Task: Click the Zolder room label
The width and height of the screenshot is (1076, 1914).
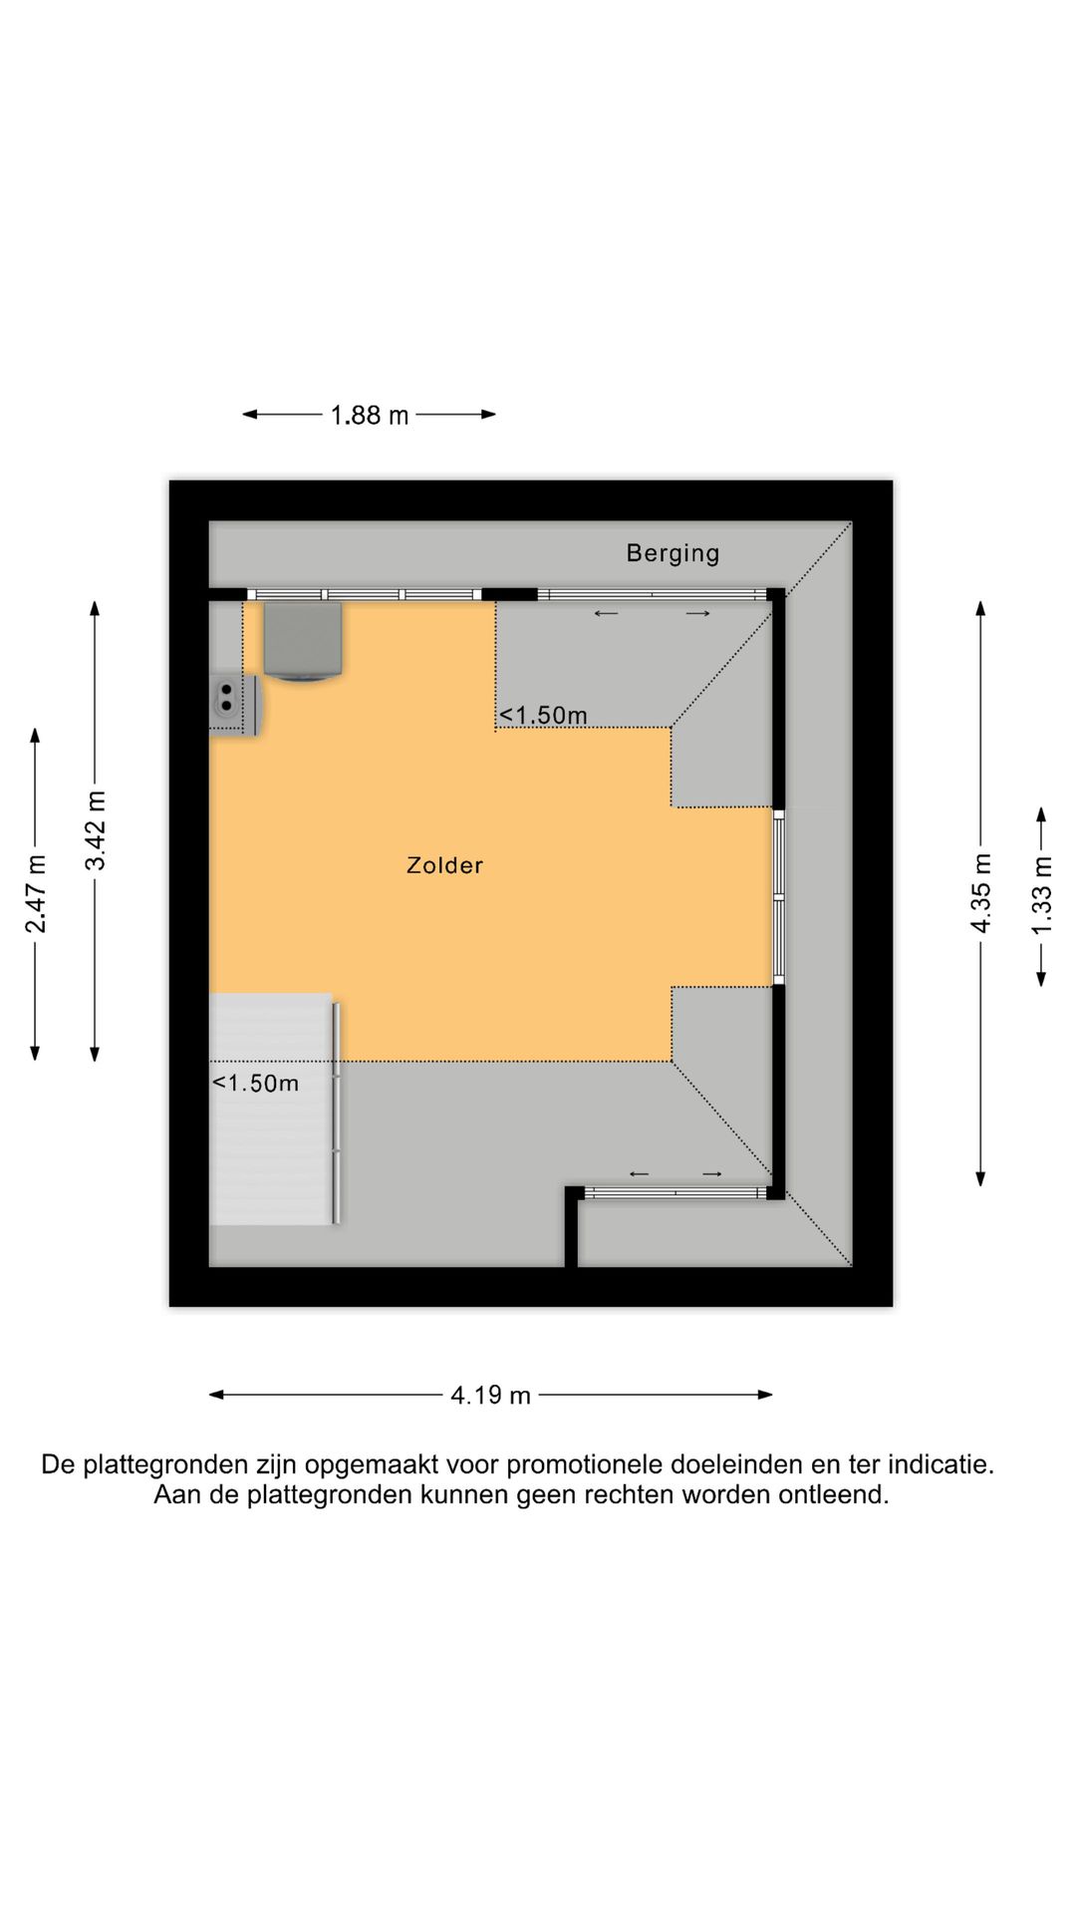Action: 444,865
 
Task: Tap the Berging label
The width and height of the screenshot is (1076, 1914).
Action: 672,553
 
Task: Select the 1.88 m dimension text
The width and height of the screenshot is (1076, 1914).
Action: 370,415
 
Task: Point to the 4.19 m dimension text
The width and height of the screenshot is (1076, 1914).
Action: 490,1395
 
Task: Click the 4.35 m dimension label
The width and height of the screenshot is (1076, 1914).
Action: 981,893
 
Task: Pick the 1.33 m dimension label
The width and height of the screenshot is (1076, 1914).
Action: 1041,896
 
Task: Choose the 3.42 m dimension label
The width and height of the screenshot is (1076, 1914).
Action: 96,830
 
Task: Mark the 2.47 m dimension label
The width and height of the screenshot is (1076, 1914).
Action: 36,894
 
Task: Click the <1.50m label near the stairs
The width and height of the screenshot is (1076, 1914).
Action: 255,1083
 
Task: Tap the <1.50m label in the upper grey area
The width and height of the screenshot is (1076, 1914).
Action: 543,715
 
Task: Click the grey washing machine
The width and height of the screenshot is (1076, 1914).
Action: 303,641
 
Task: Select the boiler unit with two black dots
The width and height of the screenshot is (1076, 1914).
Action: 235,705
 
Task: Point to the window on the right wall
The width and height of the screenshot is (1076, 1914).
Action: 779,897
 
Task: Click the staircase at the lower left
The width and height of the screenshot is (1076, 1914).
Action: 271,1109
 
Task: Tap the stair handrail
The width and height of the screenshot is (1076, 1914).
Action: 337,1113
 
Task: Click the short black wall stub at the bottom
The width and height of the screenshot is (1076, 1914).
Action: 572,1227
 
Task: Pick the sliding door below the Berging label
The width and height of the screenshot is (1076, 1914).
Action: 653,595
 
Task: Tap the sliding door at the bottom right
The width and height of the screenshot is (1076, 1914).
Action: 675,1192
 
